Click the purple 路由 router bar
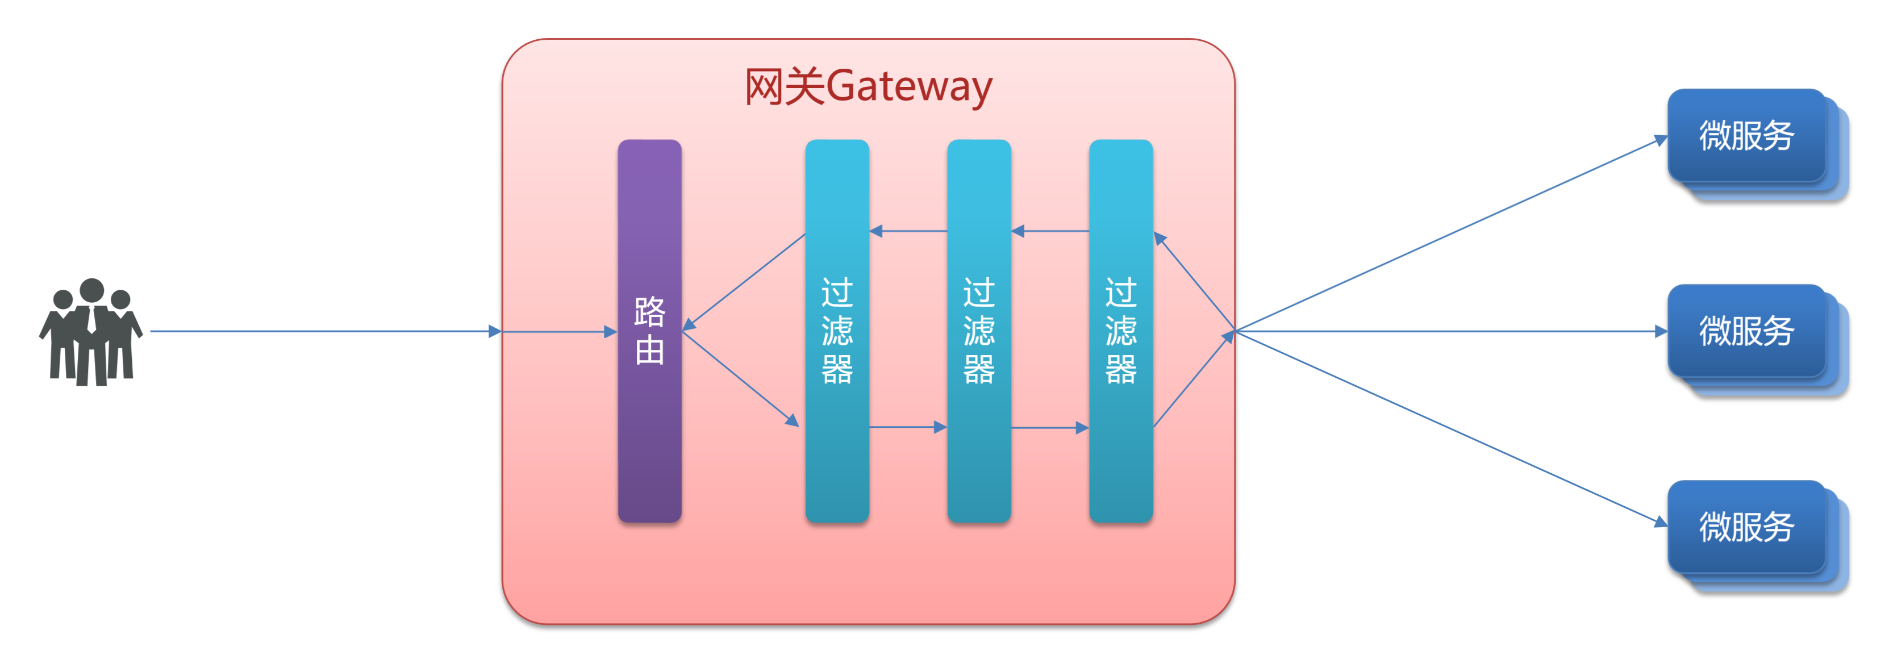(x=650, y=331)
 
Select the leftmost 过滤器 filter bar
(x=837, y=331)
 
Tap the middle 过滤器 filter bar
(x=979, y=331)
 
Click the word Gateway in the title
(x=910, y=86)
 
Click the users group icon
(x=91, y=332)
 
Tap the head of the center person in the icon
(x=91, y=290)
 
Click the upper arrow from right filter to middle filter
(x=1050, y=231)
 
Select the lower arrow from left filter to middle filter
(x=908, y=427)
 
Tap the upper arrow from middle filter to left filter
(x=908, y=231)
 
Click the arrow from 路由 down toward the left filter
(x=741, y=378)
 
